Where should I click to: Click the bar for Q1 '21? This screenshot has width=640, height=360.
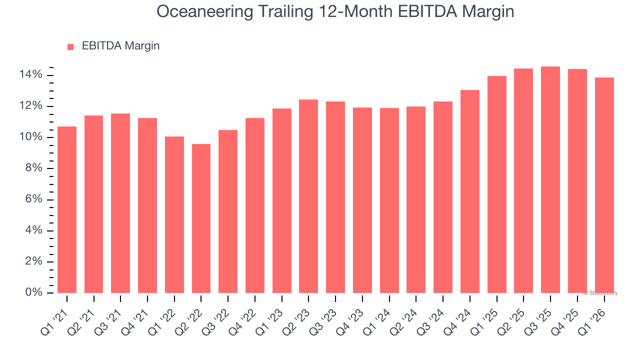pos(67,209)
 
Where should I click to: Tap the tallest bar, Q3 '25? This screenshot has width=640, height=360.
pos(550,179)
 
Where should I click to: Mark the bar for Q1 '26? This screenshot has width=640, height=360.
pos(604,185)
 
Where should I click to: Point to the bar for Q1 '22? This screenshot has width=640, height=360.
pos(174,214)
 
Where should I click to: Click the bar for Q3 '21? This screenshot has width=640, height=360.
pos(120,203)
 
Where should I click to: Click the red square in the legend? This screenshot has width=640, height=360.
pos(70,47)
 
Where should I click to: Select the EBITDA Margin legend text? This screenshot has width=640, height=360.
pos(120,46)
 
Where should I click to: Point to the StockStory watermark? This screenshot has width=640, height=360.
pos(600,293)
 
